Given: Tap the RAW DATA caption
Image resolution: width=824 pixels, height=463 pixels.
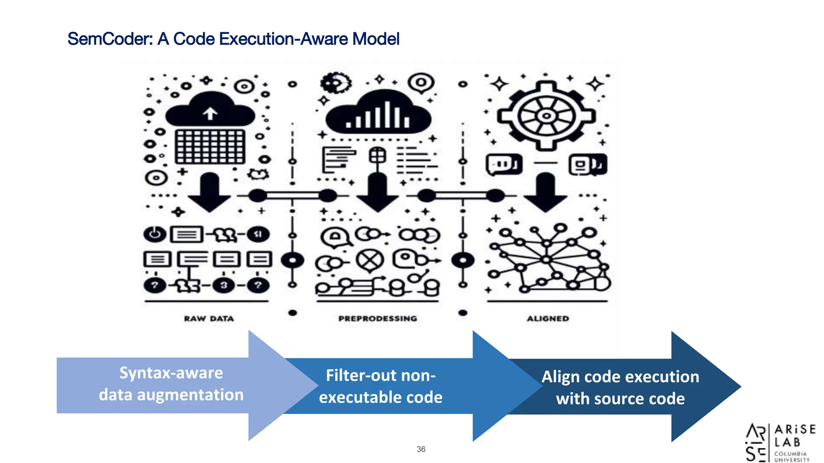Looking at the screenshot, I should tap(209, 319).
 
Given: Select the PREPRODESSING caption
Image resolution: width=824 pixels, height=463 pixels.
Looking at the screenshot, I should tap(377, 319).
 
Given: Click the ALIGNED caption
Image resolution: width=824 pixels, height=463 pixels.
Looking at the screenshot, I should tap(548, 319).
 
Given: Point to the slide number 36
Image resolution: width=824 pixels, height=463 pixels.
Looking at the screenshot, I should tap(421, 449).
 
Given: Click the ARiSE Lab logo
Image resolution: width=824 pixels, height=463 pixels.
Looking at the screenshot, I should tap(780, 443).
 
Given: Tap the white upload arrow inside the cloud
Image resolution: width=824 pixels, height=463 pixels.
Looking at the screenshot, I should tap(210, 113).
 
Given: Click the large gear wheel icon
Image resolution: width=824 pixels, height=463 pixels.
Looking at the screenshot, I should tap(546, 116).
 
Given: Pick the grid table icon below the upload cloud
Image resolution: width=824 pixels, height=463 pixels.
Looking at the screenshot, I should tap(210, 146).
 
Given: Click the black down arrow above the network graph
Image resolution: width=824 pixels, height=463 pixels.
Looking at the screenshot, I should tap(546, 192).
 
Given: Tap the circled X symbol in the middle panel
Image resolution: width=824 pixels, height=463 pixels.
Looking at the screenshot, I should tap(369, 260).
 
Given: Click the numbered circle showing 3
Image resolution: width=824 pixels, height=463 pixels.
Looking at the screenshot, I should tap(224, 285).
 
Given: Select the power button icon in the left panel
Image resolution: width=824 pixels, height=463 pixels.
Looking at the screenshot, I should tap(155, 234).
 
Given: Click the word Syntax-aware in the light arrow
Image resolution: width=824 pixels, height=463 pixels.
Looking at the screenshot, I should tap(171, 373).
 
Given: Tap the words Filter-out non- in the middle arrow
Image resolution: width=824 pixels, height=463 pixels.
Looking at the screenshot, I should tap(381, 375).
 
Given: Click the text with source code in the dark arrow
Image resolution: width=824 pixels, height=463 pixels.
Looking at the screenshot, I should tap(620, 399).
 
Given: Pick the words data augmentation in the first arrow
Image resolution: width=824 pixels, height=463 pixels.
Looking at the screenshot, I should tap(171, 395).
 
